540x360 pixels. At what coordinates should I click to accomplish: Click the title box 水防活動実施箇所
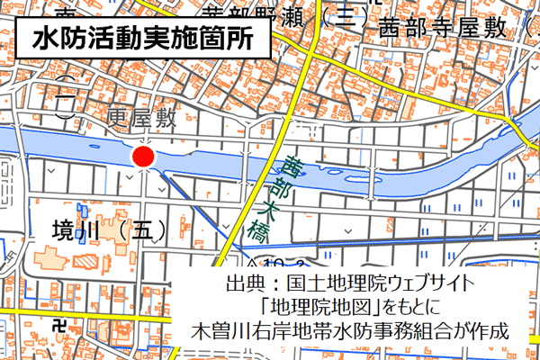(x=142, y=40)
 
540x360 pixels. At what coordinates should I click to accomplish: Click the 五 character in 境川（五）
(x=144, y=230)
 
